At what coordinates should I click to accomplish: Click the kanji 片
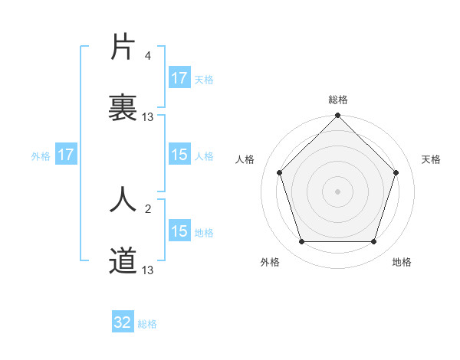123,47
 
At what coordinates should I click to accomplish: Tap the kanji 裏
123,107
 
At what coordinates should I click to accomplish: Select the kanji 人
123,199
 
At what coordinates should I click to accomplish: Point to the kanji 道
123,260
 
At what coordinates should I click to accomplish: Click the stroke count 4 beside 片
147,56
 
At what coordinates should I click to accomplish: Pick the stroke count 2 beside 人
147,208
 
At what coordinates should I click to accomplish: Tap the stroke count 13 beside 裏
148,117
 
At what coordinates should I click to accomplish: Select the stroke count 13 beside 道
148,270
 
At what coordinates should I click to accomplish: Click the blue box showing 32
123,322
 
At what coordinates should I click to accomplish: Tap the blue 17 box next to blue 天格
179,78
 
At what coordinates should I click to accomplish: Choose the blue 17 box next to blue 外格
66,155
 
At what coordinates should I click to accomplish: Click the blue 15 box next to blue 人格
179,155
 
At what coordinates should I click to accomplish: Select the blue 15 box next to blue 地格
179,231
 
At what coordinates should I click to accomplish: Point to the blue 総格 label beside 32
147,324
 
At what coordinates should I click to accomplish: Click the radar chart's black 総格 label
337,100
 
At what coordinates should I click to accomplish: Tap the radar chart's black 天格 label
431,159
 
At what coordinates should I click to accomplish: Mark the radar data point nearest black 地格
373,242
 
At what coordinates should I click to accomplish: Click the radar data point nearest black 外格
301,242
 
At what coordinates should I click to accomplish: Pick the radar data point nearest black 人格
279,172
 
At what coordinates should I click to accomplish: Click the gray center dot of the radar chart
337,191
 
